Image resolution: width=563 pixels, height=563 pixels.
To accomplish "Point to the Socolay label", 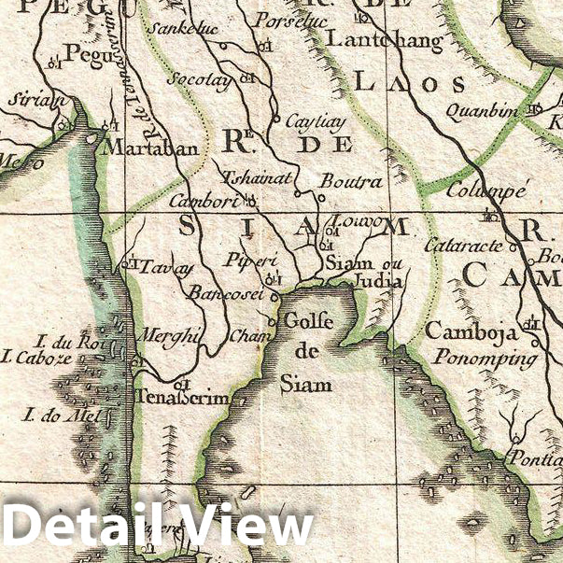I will (x=198, y=79).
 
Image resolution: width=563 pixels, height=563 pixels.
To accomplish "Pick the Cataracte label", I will (x=463, y=246).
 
